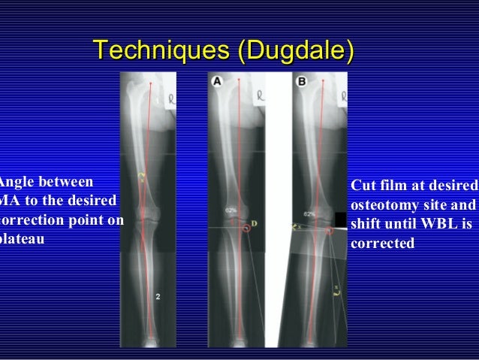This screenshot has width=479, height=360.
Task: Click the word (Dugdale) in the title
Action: [x=294, y=52]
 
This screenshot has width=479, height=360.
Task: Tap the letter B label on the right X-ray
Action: [x=302, y=81]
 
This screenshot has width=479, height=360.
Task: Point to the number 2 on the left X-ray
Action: [x=158, y=296]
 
